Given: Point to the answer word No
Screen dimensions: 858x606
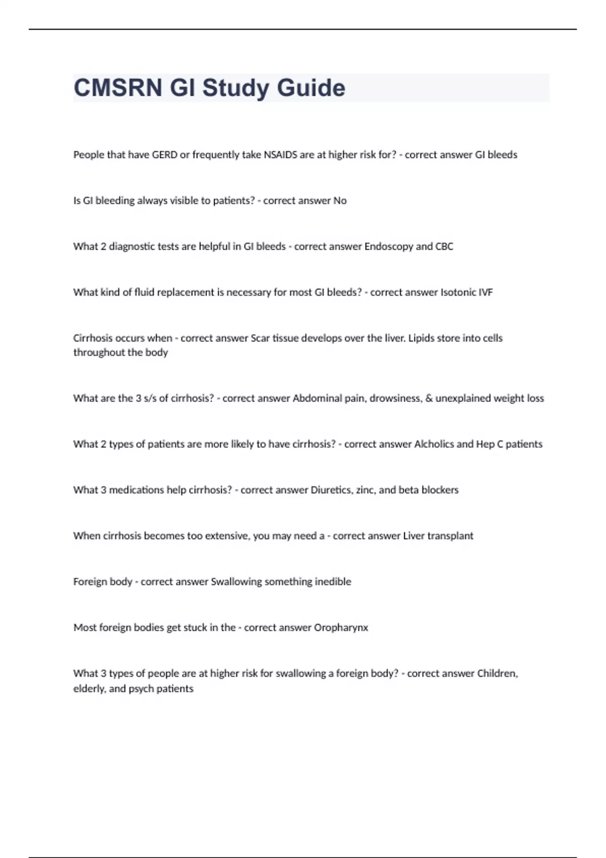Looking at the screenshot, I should (340, 201).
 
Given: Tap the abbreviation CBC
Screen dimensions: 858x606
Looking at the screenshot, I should (444, 247).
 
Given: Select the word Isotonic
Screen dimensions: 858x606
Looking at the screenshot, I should (459, 293).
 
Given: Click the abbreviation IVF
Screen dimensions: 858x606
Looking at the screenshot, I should (486, 293).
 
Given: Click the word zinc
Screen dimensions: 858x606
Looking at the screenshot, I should (366, 490).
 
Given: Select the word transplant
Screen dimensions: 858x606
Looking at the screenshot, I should (450, 536).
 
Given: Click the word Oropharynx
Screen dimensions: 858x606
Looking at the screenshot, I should (341, 628).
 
